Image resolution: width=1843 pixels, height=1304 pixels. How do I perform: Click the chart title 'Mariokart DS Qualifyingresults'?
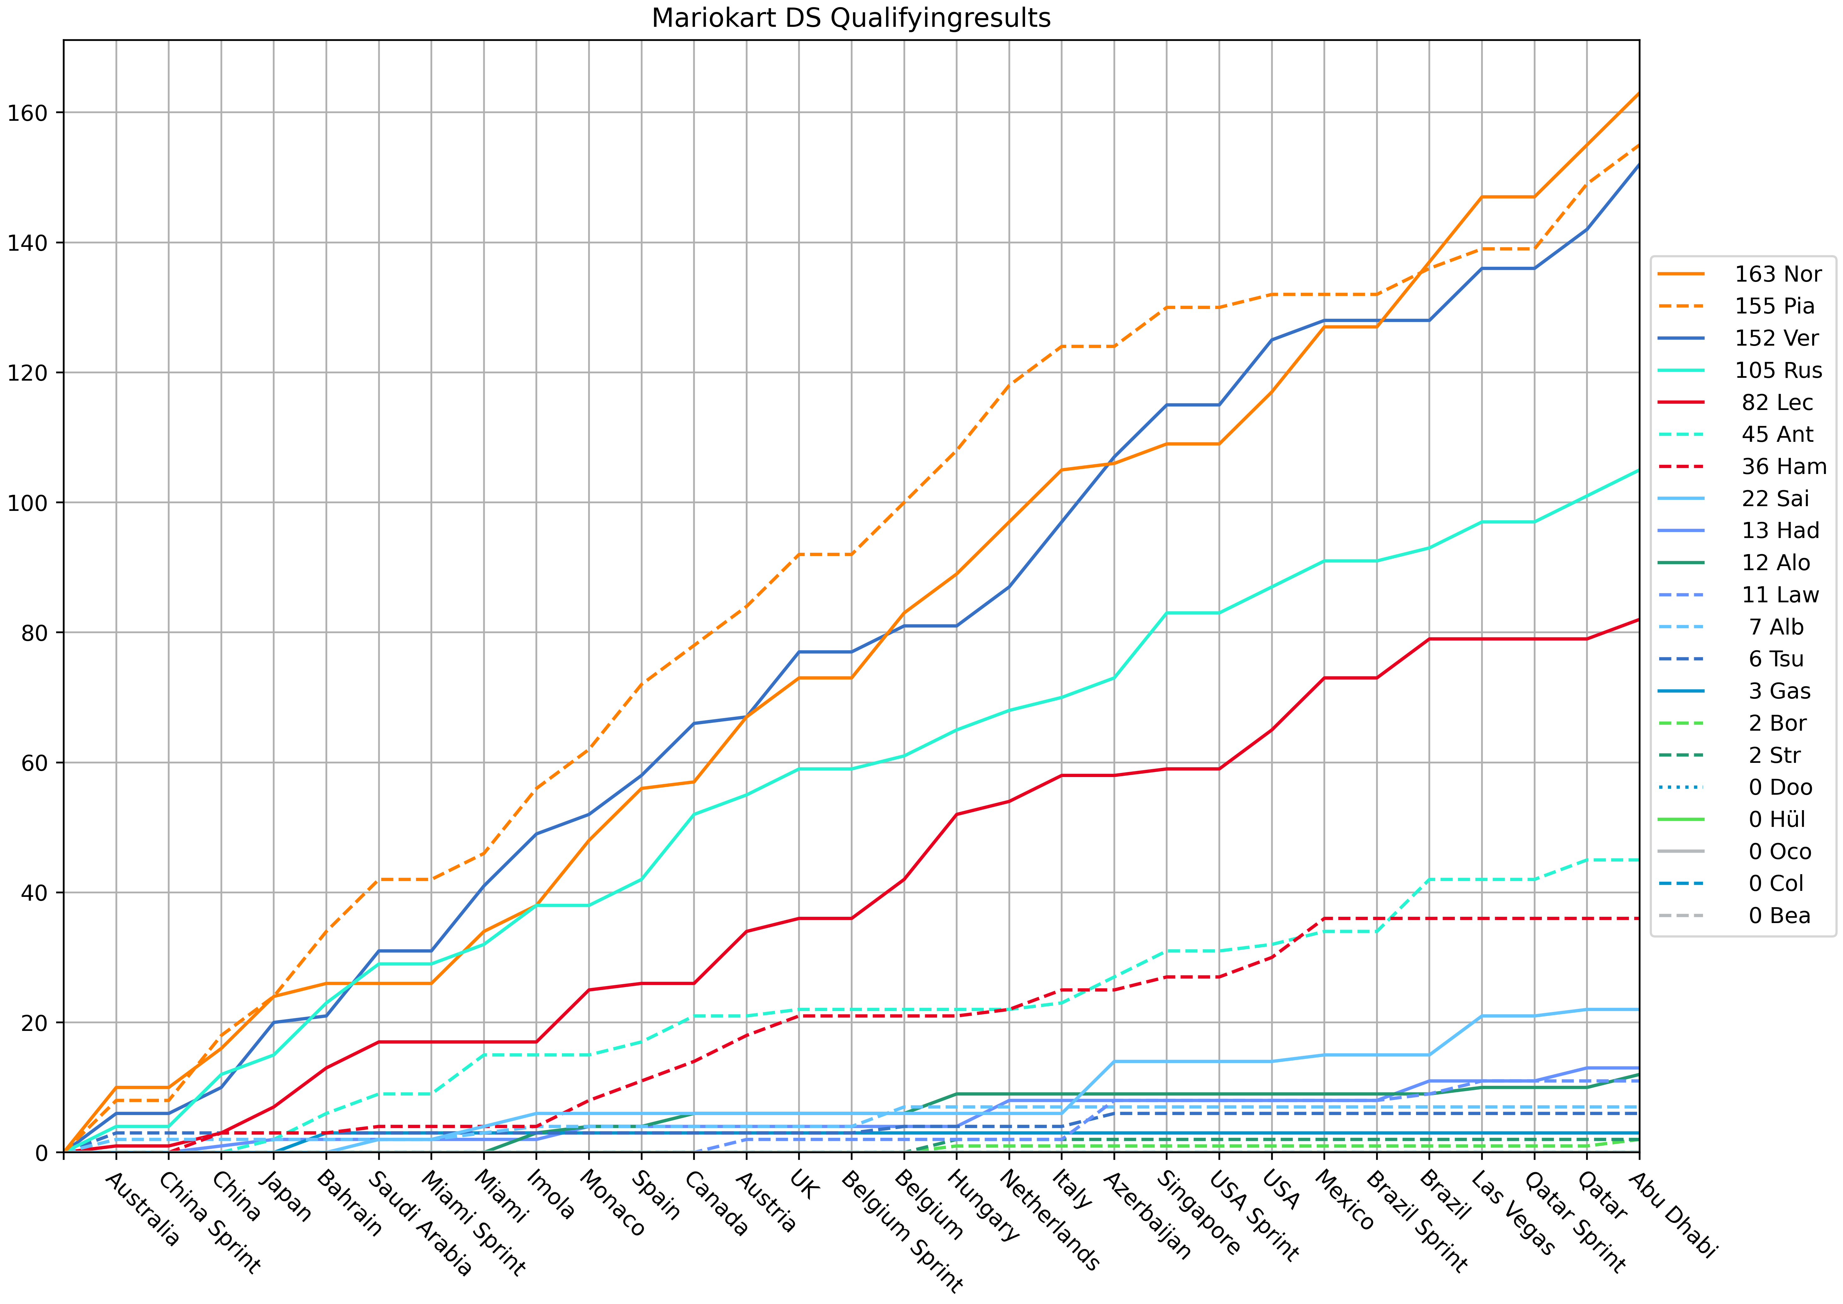coord(851,18)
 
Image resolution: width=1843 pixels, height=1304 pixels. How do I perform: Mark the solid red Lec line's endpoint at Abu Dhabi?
coord(1638,619)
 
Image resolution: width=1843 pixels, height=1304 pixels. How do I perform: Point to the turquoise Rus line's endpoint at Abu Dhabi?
coord(1638,470)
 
